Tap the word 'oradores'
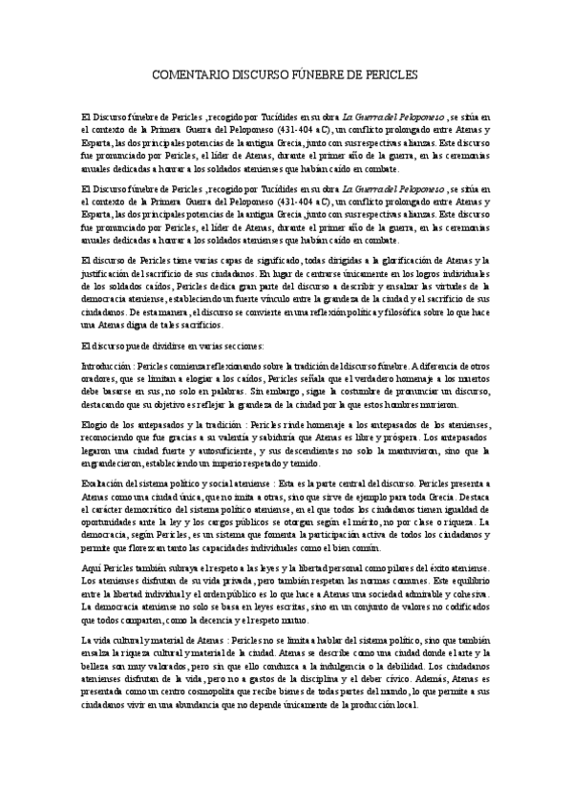tap(100, 378)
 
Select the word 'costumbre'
tap(350, 391)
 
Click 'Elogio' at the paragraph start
tap(96, 424)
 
